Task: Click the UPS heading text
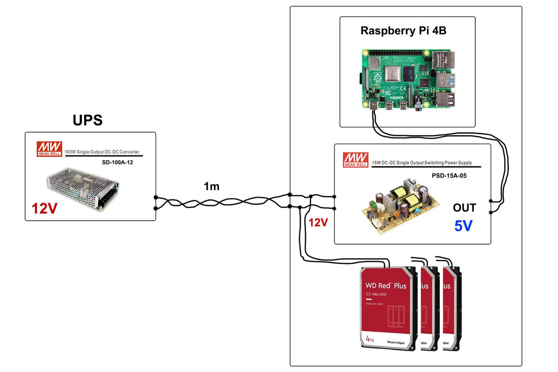click(87, 120)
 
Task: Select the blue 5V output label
click(463, 226)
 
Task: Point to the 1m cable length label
click(212, 186)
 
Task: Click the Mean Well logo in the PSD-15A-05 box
click(355, 159)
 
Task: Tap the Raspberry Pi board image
click(406, 80)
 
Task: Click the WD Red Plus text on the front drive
click(385, 285)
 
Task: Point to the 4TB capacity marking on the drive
click(370, 339)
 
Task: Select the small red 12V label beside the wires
click(318, 223)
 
